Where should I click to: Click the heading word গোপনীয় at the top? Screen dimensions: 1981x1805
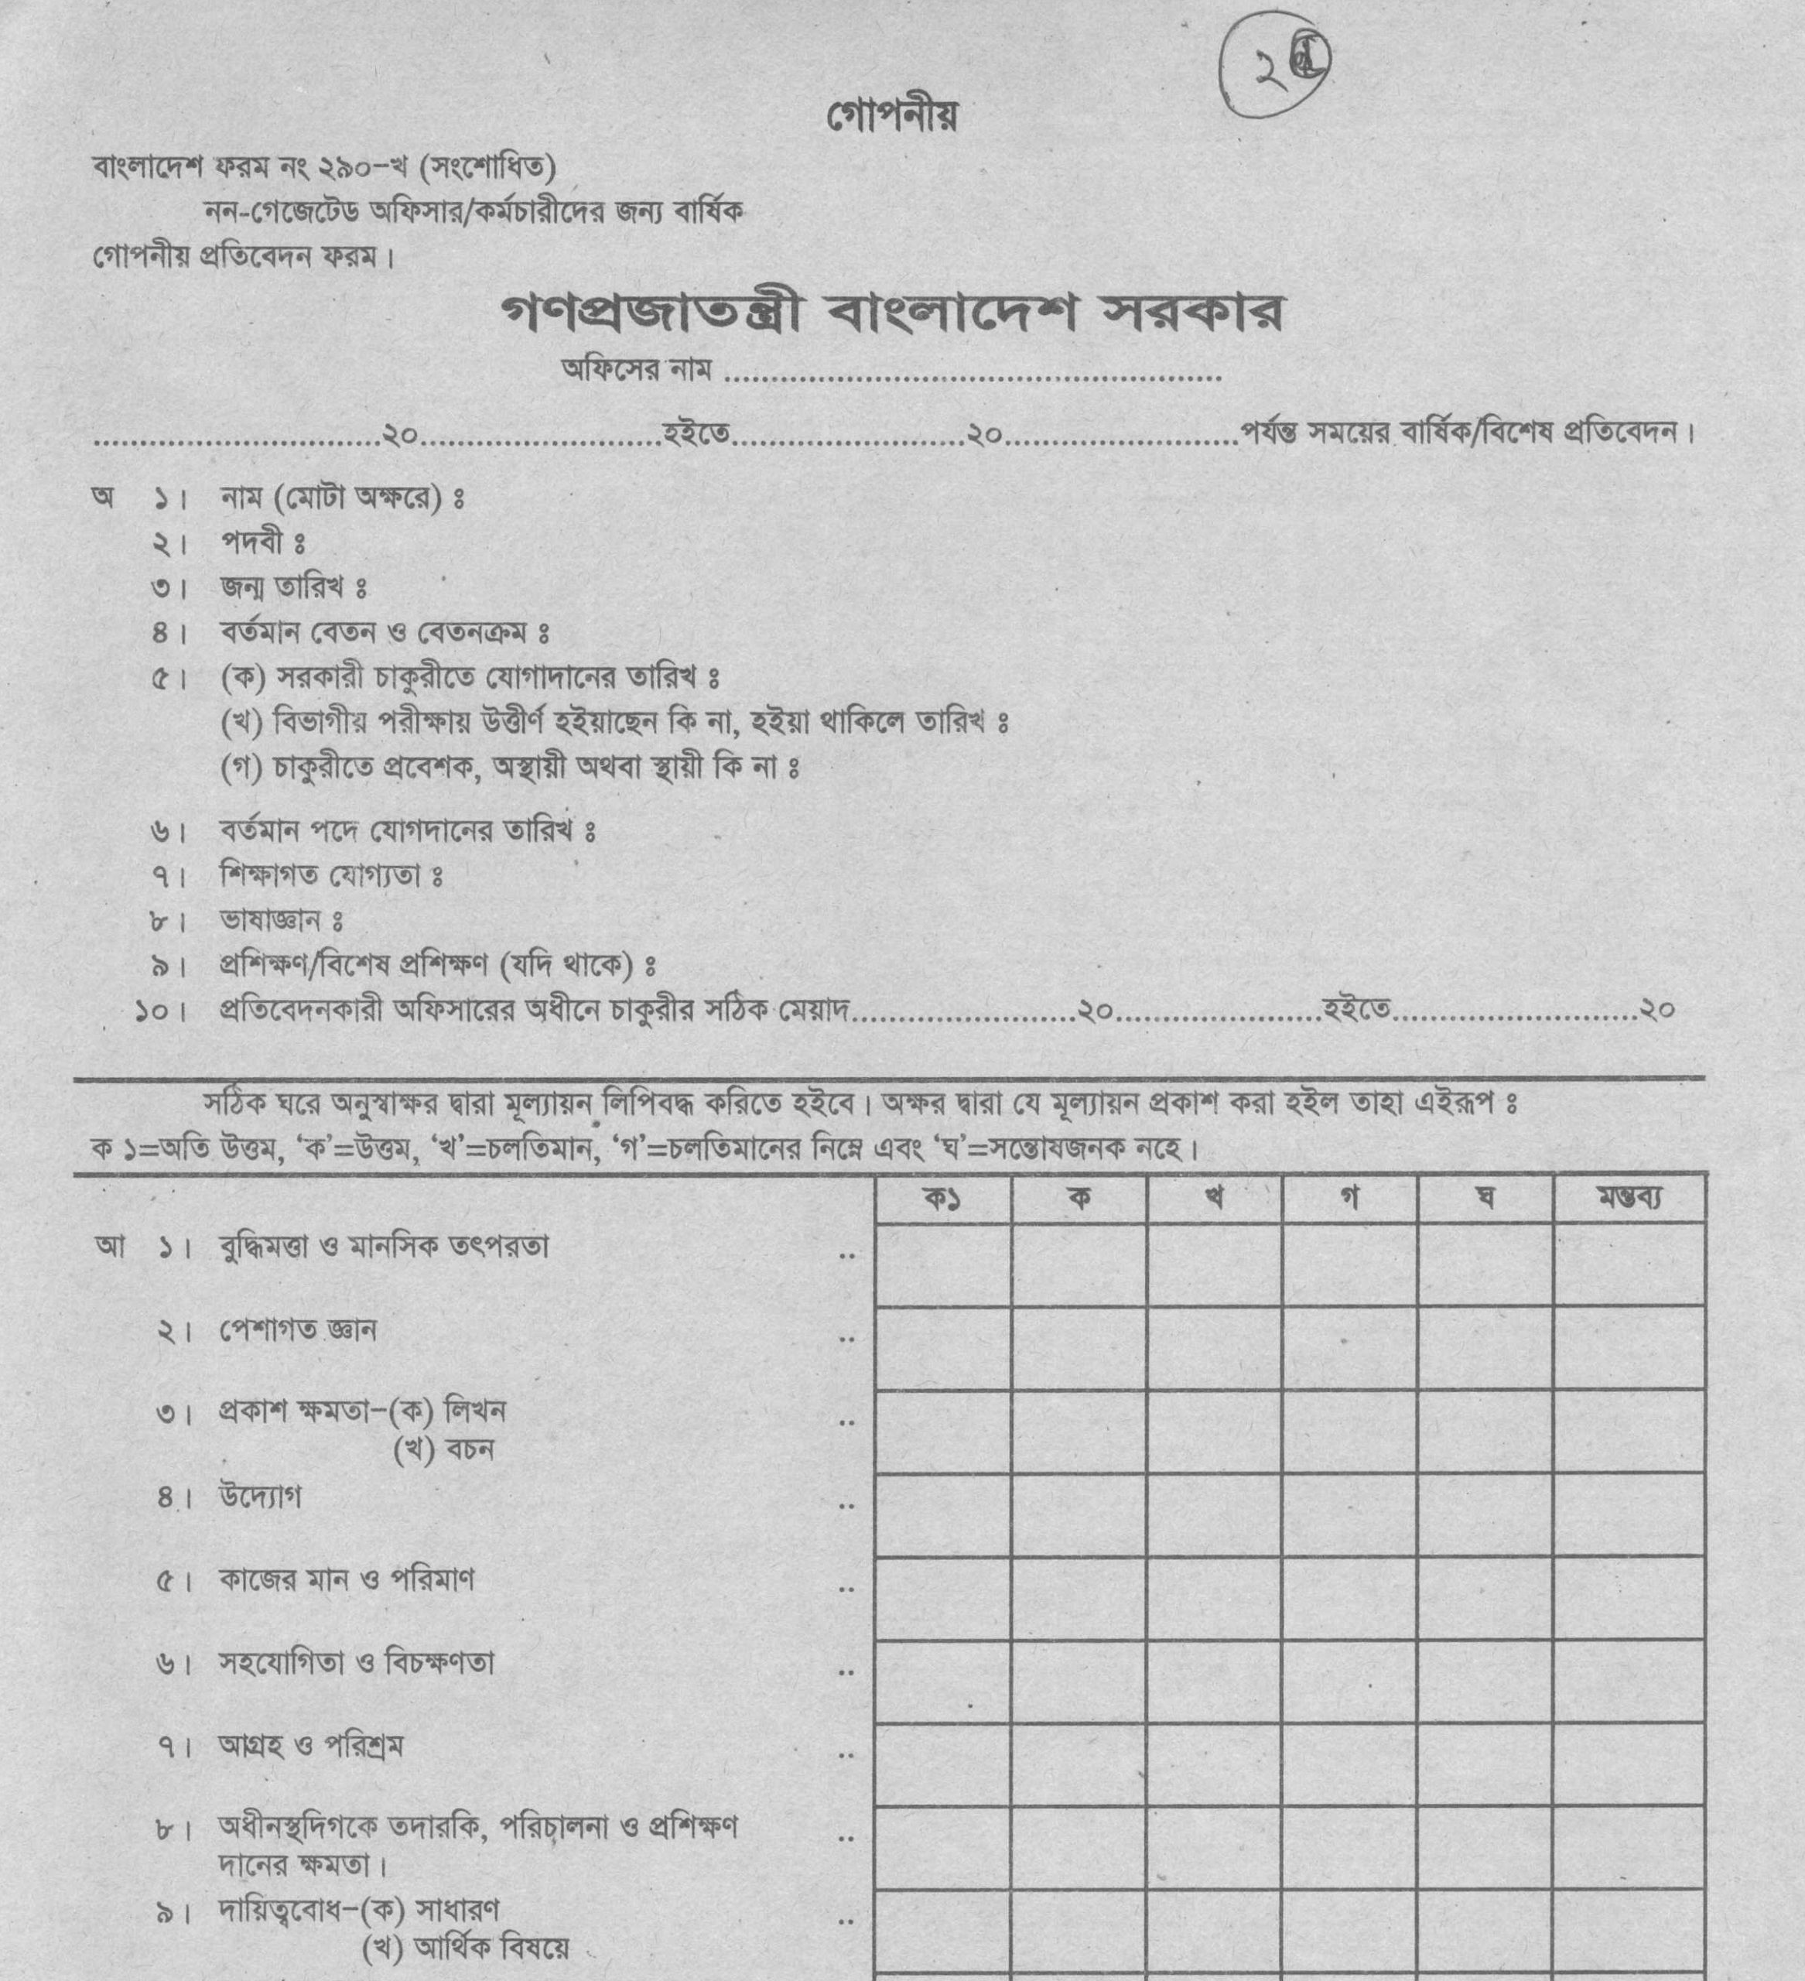(892, 116)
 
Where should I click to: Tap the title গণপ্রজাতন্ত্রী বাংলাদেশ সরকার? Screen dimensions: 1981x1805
(892, 314)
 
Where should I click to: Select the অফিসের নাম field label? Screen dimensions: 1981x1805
(636, 371)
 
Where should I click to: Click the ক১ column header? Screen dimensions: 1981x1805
(942, 1199)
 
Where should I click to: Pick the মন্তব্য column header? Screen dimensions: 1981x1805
(1629, 1198)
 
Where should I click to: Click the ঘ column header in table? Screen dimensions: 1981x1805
(1485, 1199)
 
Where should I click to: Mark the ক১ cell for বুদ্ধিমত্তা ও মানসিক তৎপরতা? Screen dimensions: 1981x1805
(942, 1264)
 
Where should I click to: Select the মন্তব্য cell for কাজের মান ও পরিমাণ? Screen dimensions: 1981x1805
(1629, 1599)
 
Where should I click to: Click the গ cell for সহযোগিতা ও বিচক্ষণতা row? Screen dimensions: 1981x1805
(1349, 1682)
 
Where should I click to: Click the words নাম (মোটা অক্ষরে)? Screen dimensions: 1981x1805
(331, 498)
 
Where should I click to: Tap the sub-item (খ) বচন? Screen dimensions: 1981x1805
(443, 1449)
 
